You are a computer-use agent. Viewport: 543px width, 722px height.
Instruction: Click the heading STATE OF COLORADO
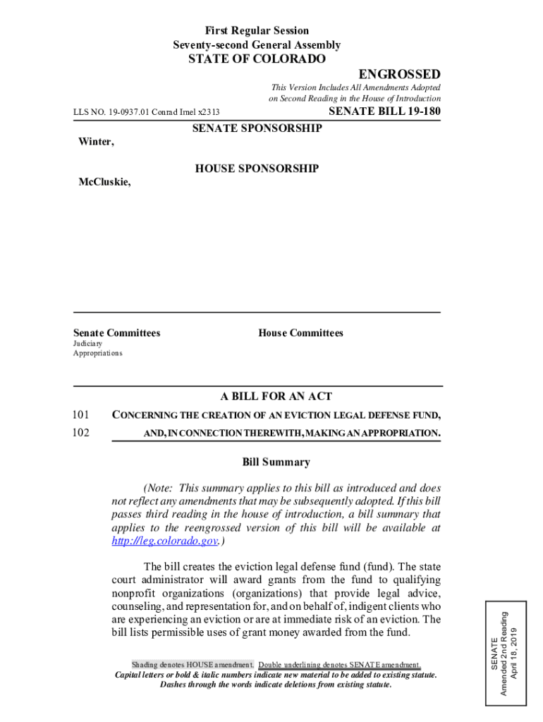pos(257,59)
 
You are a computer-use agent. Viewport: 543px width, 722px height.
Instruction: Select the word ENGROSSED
pos(399,75)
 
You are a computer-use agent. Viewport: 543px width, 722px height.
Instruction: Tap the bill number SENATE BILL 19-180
pos(385,111)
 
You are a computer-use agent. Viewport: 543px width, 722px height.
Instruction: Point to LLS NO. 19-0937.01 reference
pos(147,112)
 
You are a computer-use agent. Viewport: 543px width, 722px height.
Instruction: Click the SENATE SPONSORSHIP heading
pos(257,128)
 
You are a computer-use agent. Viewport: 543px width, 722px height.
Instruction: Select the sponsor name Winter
pos(95,142)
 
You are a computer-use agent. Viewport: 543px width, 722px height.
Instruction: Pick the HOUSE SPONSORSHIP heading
pos(257,169)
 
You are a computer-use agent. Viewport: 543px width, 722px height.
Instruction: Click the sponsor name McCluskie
pos(104,182)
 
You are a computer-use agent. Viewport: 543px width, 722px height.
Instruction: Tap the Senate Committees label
pos(116,333)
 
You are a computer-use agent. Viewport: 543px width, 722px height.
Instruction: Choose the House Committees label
pos(300,333)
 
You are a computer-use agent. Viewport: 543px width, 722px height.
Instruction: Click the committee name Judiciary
pos(87,343)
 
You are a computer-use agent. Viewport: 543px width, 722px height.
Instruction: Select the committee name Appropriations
pos(97,353)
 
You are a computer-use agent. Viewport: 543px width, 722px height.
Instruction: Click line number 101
pos(82,414)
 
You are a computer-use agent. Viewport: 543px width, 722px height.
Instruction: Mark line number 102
pos(82,432)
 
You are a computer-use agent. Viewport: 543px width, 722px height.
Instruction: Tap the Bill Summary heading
pos(276,463)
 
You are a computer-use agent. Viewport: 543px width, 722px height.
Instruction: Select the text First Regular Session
pos(257,31)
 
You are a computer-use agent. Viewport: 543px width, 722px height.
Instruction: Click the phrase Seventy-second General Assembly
pos(257,45)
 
